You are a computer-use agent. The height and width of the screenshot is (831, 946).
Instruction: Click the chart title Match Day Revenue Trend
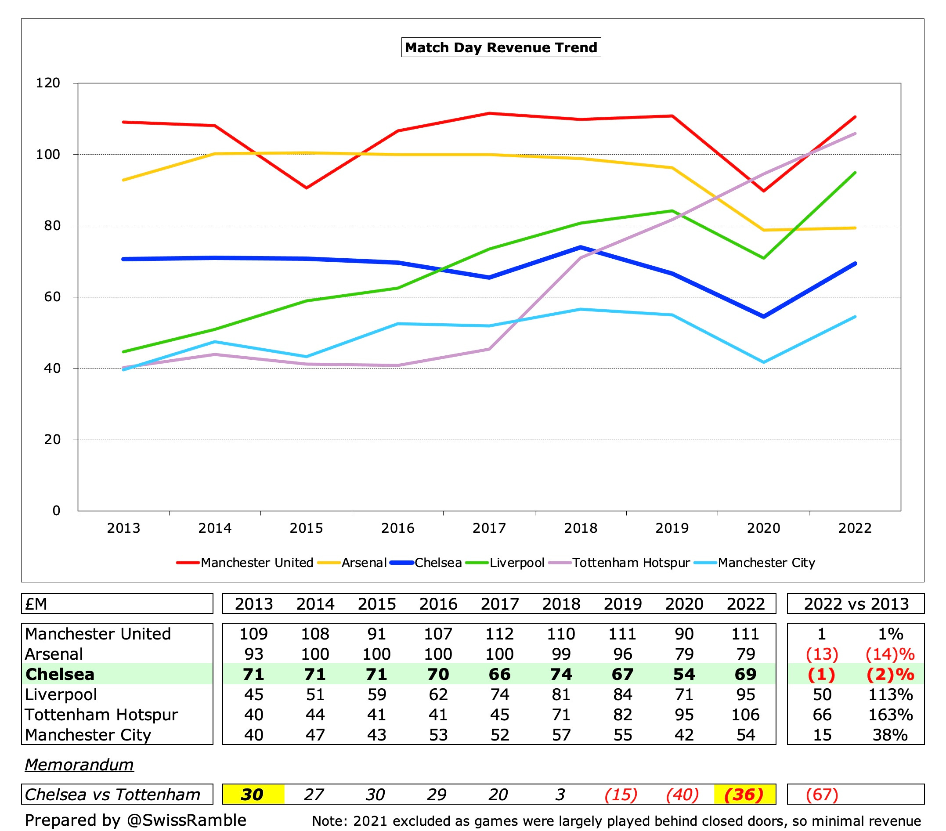(x=501, y=47)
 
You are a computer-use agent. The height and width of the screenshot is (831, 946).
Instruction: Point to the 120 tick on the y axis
(x=48, y=83)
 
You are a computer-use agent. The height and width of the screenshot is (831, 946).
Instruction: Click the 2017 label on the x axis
(x=489, y=528)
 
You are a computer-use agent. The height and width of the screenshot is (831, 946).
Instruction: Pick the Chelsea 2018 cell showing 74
(x=561, y=674)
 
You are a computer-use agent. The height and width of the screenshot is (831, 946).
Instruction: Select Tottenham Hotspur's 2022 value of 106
(x=745, y=714)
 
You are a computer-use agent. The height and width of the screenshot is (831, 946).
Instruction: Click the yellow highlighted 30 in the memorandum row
(x=253, y=795)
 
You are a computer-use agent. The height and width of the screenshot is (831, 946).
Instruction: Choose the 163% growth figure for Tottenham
(x=890, y=714)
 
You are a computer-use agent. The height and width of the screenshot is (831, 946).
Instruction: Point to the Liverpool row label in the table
(x=61, y=694)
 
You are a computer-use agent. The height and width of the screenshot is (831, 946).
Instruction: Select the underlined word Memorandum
(x=79, y=764)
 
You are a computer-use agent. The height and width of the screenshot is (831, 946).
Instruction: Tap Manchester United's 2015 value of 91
(x=377, y=633)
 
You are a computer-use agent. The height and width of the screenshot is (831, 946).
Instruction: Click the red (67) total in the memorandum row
(x=822, y=795)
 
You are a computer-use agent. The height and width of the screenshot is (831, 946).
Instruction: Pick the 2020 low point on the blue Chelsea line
(x=764, y=317)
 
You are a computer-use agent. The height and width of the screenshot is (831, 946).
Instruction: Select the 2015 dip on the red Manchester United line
(x=307, y=188)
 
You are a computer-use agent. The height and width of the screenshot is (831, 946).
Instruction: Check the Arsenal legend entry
(x=364, y=563)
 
